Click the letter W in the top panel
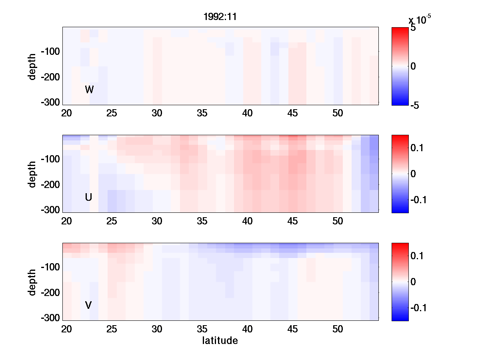point(89,90)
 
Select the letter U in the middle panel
point(89,197)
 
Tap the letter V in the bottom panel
point(88,305)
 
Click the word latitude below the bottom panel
point(220,341)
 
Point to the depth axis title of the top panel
point(32,66)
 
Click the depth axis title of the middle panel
point(32,174)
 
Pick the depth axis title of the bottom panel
point(32,282)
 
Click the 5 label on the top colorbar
point(413,28)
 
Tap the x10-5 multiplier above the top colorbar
point(420,19)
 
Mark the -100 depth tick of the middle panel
point(50,159)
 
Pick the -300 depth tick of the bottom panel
point(50,318)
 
